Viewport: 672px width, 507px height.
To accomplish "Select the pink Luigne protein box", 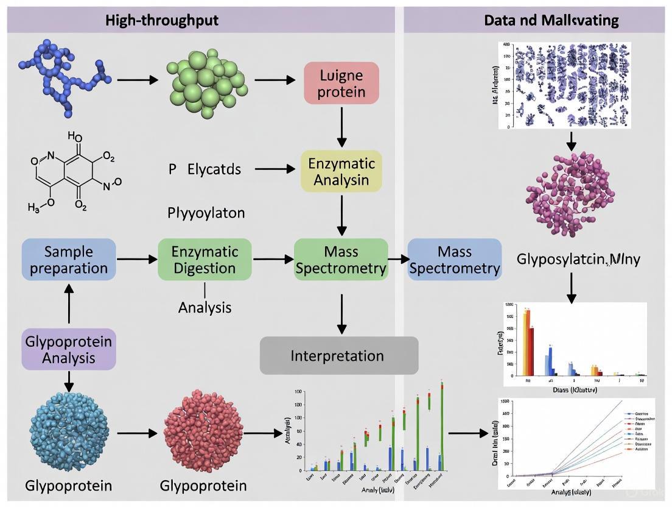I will click(341, 83).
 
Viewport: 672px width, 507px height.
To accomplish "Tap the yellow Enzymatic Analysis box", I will click(341, 171).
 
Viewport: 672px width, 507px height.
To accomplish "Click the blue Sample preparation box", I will click(69, 260).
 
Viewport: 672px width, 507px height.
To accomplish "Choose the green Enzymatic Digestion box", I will click(204, 260).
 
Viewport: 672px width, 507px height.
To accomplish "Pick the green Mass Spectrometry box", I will click(341, 260).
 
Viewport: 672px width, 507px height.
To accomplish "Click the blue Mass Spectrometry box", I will click(455, 260).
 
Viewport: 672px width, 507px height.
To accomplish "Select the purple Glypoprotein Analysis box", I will click(68, 349).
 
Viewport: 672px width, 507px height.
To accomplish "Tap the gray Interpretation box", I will click(339, 355).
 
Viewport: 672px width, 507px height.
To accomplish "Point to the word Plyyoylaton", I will click(206, 213).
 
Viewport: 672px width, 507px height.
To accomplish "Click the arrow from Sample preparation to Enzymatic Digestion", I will click(136, 260).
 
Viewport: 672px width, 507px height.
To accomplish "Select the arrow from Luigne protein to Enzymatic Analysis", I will click(341, 126).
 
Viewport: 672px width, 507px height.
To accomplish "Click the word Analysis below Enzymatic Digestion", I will click(205, 308).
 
